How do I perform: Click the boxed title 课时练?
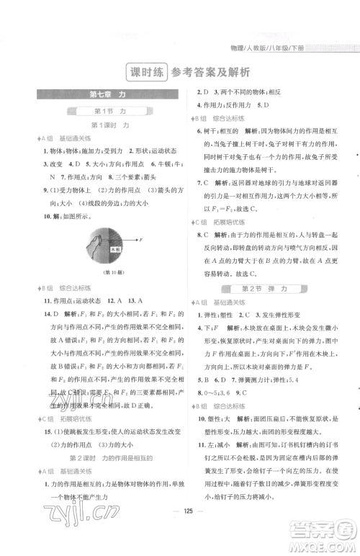coord(144,72)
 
